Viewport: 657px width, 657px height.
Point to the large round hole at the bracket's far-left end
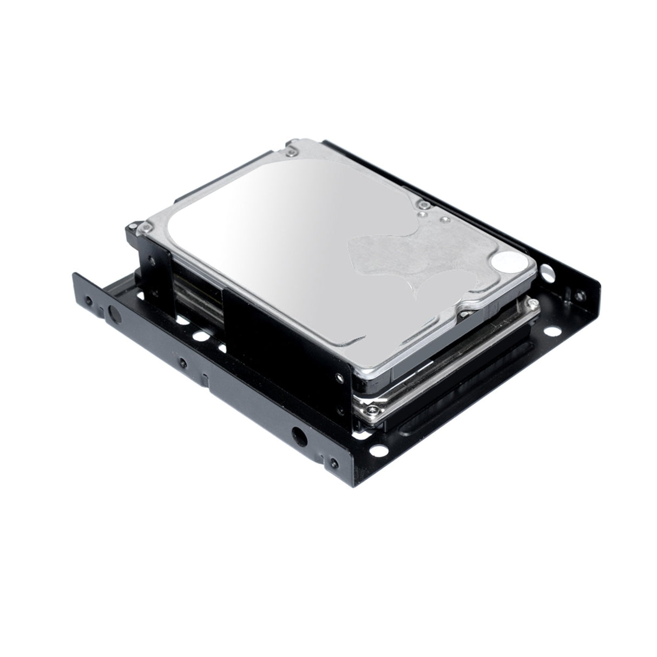(115, 313)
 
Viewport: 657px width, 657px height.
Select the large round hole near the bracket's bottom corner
(297, 433)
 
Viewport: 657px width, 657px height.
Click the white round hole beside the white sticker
(547, 268)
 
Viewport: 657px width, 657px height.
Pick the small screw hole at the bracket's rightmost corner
(581, 295)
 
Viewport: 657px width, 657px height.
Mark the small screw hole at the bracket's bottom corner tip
(332, 463)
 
